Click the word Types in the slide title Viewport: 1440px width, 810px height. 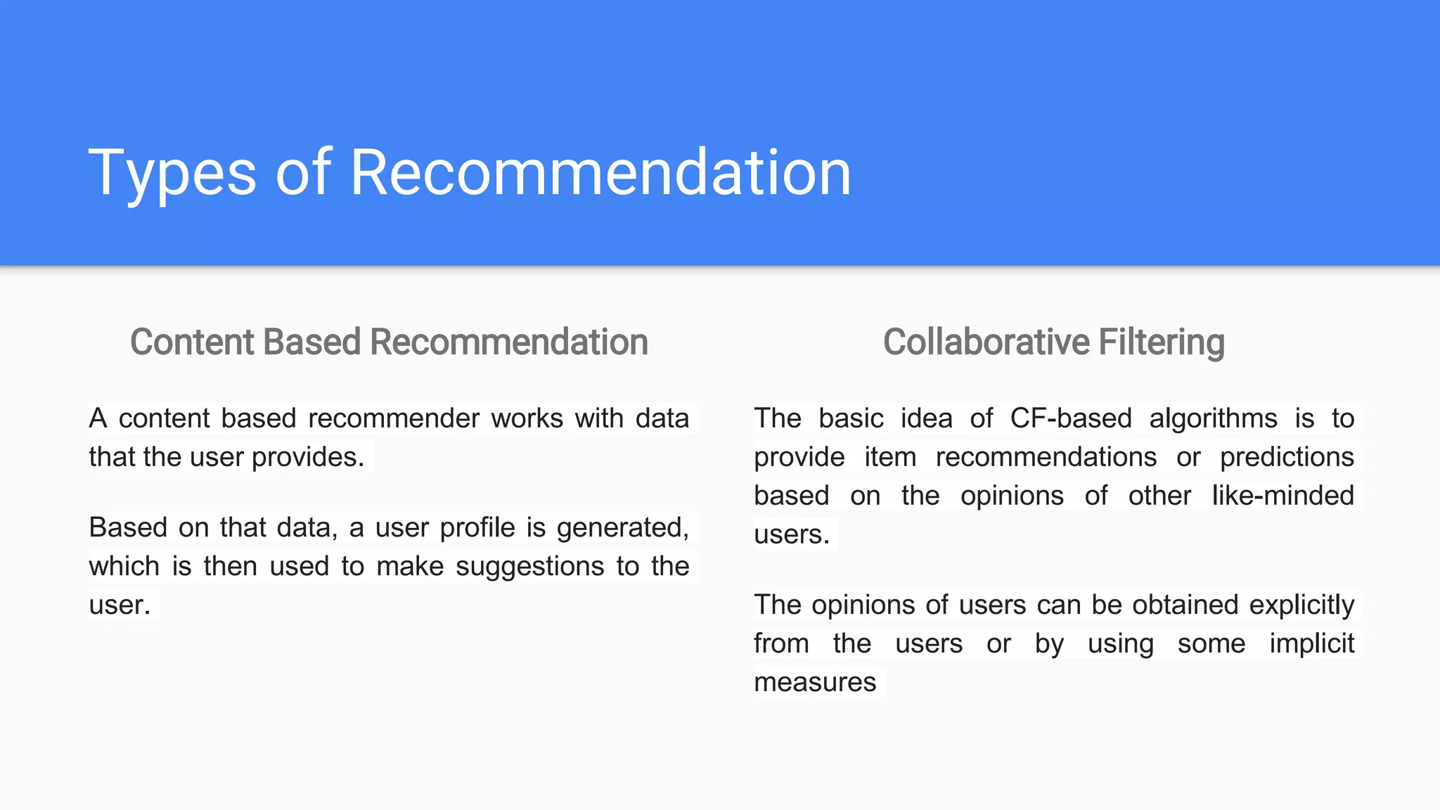[172, 173]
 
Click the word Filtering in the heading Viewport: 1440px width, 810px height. [1161, 342]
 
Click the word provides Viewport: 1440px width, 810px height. [308, 457]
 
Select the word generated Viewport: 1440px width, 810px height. [622, 527]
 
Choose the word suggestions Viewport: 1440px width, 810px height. [529, 566]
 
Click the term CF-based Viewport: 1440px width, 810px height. [1071, 418]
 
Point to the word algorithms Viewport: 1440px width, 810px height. [1213, 418]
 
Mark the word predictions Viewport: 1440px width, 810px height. [1287, 457]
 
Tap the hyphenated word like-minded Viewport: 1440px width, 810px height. [1282, 496]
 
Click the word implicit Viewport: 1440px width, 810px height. [1311, 643]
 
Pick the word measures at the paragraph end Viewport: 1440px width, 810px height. [815, 682]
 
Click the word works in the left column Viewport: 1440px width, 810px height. [527, 418]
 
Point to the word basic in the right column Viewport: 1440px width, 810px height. [851, 418]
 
